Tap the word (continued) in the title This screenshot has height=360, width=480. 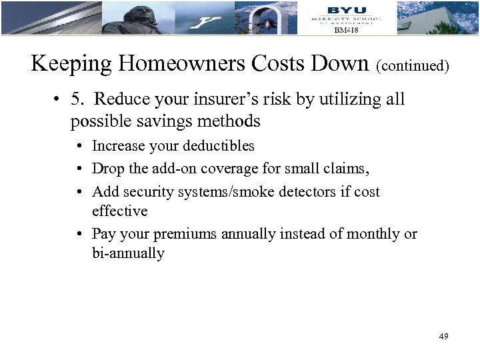click(x=413, y=67)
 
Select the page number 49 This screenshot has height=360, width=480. click(x=443, y=337)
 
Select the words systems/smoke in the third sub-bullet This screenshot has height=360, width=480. click(x=224, y=192)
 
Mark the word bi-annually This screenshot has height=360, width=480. click(x=129, y=253)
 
